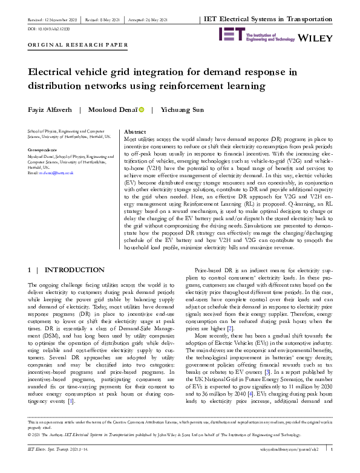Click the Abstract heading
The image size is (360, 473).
pyautogui.click(x=135, y=131)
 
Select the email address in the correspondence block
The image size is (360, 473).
pyautogui.click(x=56, y=173)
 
